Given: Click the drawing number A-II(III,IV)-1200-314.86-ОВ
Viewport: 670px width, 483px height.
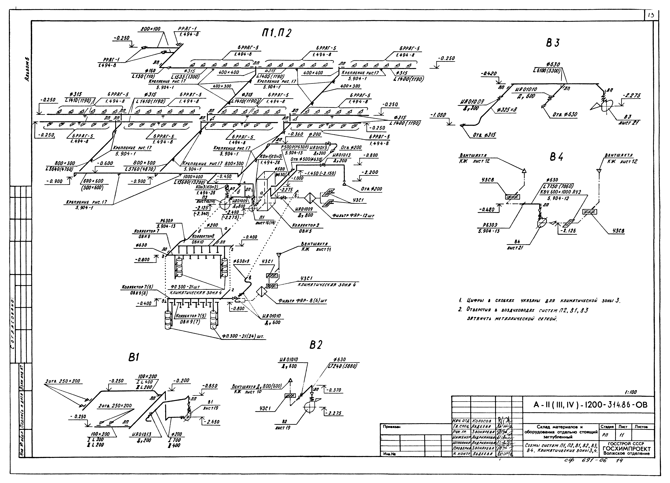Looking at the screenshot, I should coord(590,405).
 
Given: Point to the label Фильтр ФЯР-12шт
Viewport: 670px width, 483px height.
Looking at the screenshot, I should coord(353,216).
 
